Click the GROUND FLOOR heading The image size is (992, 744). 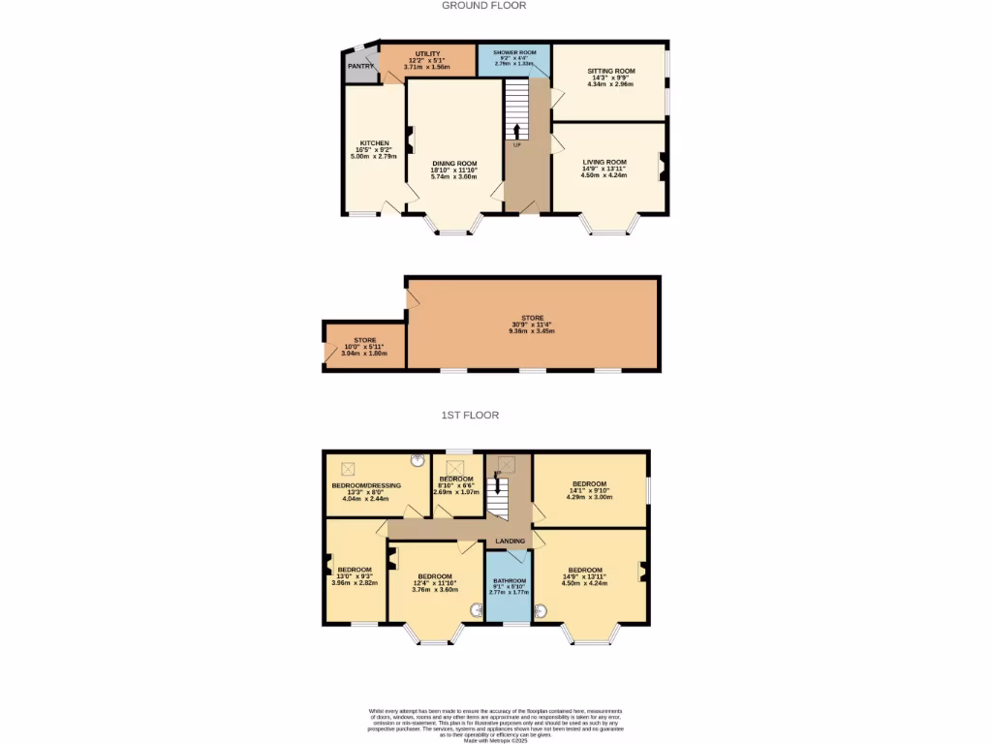point(483,6)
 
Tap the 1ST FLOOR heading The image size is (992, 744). point(470,416)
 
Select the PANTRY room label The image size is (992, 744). point(360,66)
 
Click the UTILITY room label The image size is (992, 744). point(427,54)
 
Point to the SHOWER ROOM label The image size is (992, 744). point(514,52)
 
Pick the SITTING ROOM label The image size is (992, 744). point(610,72)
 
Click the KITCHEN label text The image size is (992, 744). point(375,143)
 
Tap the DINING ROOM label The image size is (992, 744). point(454,164)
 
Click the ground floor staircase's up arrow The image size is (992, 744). point(516,130)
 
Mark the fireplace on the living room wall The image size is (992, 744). point(664,167)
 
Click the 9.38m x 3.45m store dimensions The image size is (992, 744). point(532,330)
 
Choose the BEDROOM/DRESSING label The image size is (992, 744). point(366,485)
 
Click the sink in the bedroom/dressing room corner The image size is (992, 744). point(418,461)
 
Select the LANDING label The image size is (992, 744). point(511,541)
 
